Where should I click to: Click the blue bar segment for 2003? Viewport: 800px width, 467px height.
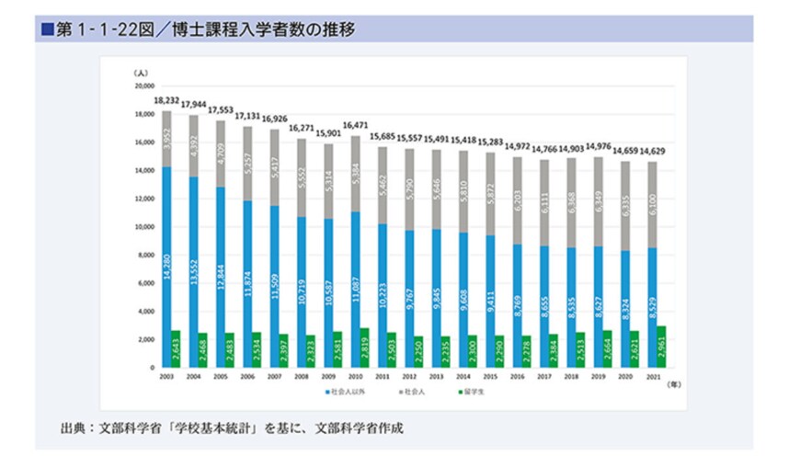(166, 267)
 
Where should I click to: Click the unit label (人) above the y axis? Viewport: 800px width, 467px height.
(140, 72)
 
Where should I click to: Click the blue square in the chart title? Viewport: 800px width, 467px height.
(47, 30)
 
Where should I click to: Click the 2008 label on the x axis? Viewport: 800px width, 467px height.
(301, 377)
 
